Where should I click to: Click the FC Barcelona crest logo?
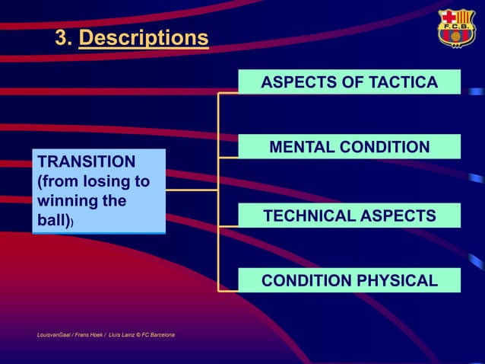[455, 29]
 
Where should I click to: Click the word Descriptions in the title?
[143, 38]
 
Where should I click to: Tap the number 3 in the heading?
[62, 38]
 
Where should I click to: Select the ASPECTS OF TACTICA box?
[349, 81]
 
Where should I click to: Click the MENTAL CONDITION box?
[349, 146]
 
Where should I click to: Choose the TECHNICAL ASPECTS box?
[349, 216]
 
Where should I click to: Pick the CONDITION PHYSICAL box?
[349, 280]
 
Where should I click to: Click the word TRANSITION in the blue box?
[87, 161]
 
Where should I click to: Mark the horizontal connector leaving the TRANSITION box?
[192, 190]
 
